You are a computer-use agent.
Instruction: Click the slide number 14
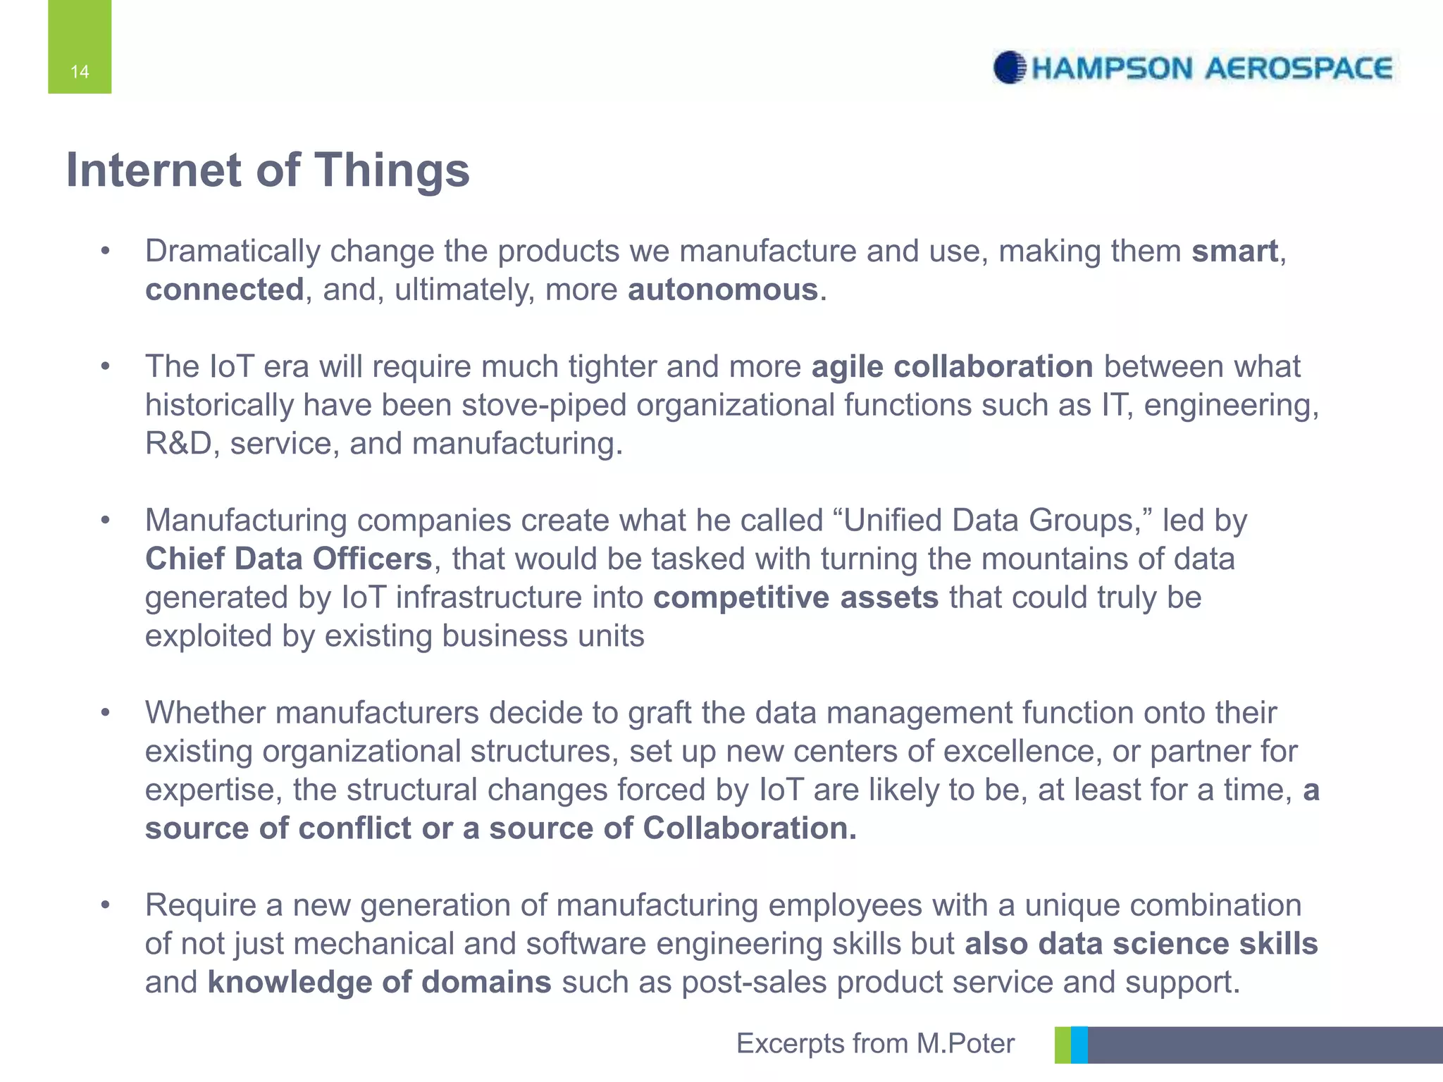(80, 71)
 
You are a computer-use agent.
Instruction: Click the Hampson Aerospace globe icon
(1009, 68)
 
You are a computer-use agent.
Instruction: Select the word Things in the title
(391, 170)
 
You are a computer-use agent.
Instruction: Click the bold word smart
(1234, 251)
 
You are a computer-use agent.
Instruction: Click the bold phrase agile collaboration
(952, 367)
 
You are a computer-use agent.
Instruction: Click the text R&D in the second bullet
(178, 444)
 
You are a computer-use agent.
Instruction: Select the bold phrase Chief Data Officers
(288, 559)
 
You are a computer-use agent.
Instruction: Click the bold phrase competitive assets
(795, 597)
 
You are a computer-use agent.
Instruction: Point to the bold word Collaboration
(750, 828)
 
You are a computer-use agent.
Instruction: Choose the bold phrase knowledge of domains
(379, 982)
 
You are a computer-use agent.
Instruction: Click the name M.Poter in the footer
(965, 1043)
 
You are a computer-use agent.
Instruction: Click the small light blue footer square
(1079, 1045)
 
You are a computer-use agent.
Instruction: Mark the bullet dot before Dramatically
(105, 251)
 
